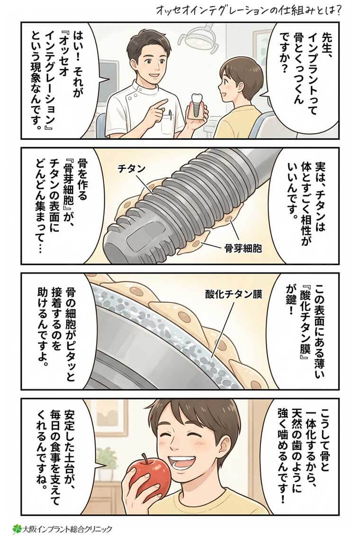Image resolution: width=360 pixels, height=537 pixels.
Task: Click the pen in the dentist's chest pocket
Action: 169,114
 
